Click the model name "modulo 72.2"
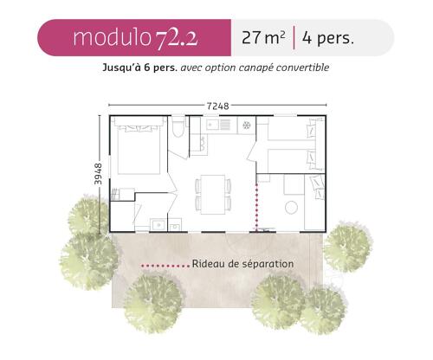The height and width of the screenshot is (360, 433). [x=135, y=38]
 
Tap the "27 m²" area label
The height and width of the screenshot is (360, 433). [x=263, y=37]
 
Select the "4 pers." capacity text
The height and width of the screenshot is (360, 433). [x=328, y=38]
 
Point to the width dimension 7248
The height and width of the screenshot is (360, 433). [x=217, y=106]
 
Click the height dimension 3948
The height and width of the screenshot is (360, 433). [x=98, y=174]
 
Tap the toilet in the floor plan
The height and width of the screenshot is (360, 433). [x=178, y=126]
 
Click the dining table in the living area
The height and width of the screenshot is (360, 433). [x=213, y=195]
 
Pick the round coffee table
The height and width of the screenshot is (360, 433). [x=291, y=207]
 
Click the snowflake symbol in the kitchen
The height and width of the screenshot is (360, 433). [x=246, y=125]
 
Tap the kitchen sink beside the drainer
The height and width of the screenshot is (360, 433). [x=213, y=125]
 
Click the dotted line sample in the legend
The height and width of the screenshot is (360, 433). [x=165, y=266]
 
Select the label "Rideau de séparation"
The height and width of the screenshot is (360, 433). [x=242, y=264]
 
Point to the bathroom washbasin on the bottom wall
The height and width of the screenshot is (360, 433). [x=158, y=224]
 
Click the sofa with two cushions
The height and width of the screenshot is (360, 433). [x=314, y=202]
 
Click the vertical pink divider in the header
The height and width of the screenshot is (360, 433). [x=294, y=37]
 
